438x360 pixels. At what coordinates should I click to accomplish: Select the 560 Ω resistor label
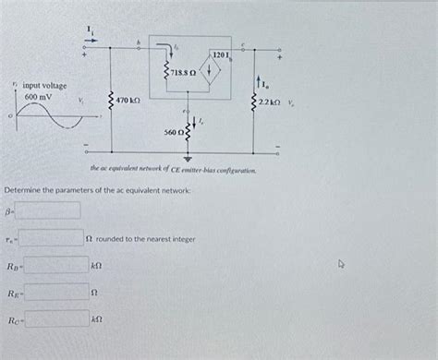click(174, 132)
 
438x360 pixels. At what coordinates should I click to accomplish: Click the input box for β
click(47, 210)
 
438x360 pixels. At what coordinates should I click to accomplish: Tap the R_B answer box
click(55, 266)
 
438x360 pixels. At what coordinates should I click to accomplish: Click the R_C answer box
click(55, 320)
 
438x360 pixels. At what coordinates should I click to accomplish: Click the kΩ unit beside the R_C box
click(96, 320)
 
